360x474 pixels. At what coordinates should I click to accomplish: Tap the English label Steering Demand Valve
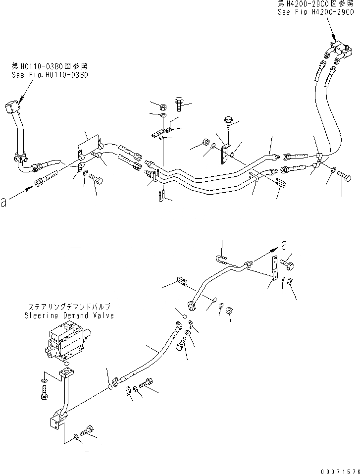coord(75,316)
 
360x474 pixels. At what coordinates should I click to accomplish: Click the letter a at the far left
coord(5,202)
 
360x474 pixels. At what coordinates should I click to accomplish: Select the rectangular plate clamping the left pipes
coord(89,147)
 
